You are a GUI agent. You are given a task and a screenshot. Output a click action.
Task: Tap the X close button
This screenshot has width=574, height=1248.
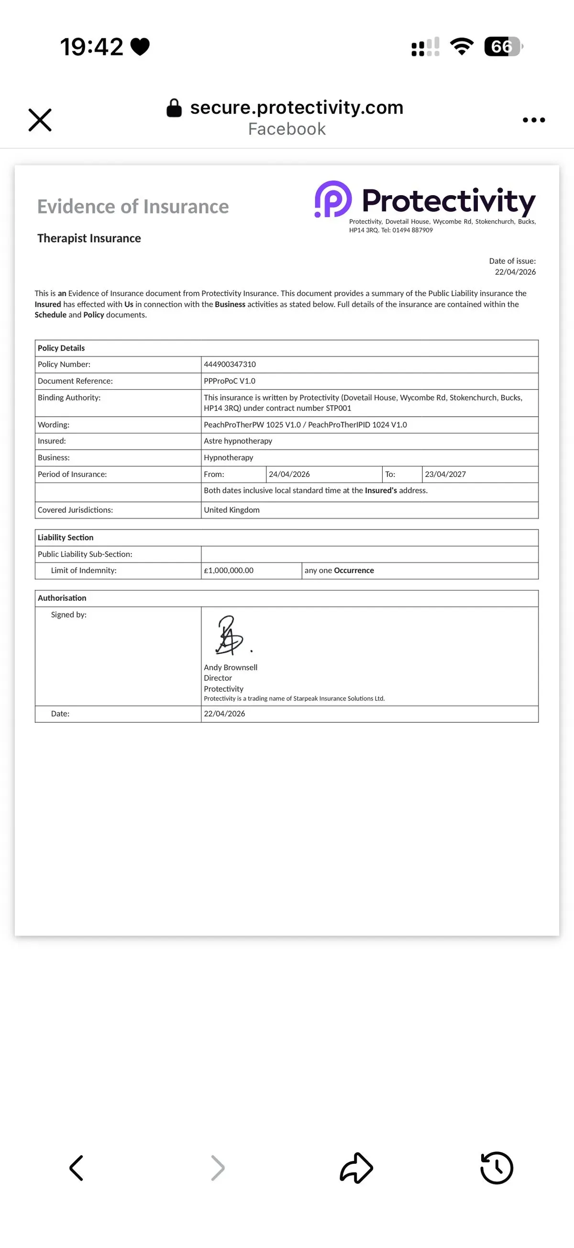[40, 120]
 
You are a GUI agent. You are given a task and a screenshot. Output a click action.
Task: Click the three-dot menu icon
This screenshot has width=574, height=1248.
[534, 120]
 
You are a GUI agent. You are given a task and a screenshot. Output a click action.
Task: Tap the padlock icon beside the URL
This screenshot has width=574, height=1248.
[174, 108]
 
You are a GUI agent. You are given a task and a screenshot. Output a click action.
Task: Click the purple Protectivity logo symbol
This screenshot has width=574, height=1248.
[333, 199]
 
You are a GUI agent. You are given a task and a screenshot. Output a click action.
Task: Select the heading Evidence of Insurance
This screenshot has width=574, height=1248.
[132, 206]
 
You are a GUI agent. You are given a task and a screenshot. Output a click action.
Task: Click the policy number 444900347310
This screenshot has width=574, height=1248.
[230, 364]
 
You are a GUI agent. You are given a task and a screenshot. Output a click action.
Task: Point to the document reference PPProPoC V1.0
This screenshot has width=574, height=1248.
[230, 381]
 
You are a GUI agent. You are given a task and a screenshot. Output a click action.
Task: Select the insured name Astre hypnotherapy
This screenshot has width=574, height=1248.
[238, 441]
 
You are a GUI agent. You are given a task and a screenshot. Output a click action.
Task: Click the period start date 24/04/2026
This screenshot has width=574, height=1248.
[289, 475]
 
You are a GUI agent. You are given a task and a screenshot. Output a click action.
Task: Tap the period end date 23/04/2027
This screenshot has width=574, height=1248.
[445, 475]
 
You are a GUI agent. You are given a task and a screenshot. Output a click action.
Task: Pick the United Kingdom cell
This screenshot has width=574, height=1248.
[232, 509]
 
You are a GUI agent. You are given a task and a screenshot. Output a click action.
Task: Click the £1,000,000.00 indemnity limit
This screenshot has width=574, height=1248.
[229, 571]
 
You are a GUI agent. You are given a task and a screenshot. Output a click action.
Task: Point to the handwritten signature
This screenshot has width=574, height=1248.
[230, 636]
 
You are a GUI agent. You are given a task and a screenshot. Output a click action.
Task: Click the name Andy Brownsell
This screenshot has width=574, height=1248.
[231, 667]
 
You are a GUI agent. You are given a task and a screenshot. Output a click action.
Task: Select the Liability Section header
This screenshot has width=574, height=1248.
[66, 537]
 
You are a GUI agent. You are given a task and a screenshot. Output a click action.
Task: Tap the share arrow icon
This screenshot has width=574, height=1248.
[356, 1168]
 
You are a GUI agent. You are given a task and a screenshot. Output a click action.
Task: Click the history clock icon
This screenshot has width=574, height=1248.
[497, 1168]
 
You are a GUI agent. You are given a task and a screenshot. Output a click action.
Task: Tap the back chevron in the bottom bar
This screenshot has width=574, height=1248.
[77, 1168]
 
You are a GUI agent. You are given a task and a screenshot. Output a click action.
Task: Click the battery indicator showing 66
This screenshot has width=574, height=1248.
[503, 46]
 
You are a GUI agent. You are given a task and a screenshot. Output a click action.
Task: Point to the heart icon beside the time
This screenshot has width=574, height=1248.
[140, 47]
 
